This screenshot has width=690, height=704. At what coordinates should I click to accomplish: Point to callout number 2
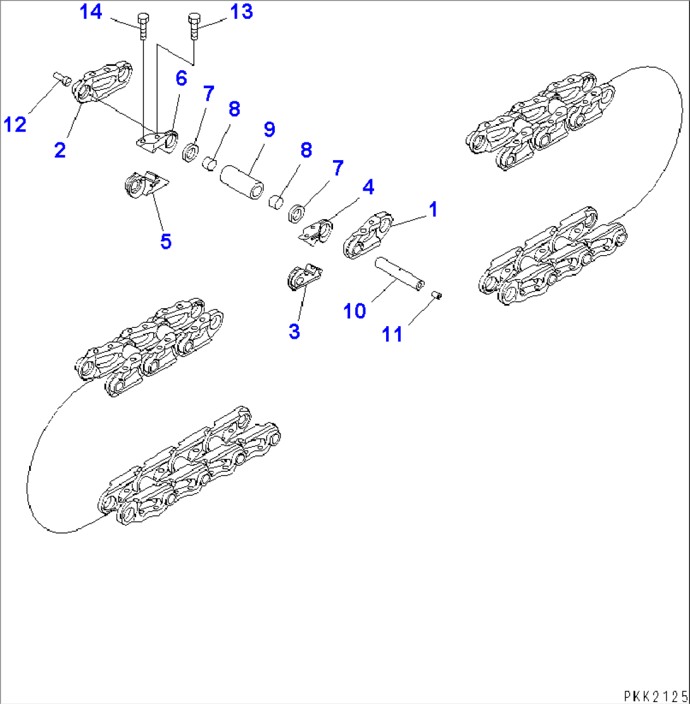click(60, 151)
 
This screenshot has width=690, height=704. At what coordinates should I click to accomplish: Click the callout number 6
click(181, 79)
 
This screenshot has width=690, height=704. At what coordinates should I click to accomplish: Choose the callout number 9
click(269, 130)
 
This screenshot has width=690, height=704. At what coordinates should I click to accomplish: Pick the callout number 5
click(165, 241)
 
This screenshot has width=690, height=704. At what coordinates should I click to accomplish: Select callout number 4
click(367, 187)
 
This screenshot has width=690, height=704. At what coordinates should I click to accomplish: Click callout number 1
click(432, 208)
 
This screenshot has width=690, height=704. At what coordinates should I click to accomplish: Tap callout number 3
click(294, 330)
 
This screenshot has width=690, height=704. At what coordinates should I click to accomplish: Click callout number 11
click(392, 333)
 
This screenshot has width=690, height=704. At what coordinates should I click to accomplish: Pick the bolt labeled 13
click(194, 26)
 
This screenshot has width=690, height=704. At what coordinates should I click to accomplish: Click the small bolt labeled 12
click(61, 77)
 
